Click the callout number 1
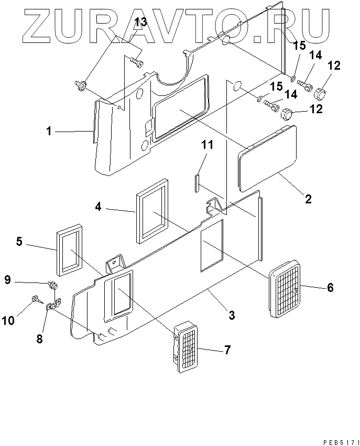(49, 132)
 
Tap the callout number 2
(308, 199)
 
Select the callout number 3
(232, 315)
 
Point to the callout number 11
(207, 145)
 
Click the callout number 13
(140, 22)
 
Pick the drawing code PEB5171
(340, 442)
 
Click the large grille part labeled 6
(285, 289)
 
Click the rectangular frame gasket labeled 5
(70, 251)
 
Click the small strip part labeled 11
(197, 183)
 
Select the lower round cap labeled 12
(287, 115)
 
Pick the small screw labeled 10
(36, 299)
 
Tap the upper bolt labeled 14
(304, 84)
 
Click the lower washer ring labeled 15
(259, 99)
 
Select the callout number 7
(227, 350)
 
